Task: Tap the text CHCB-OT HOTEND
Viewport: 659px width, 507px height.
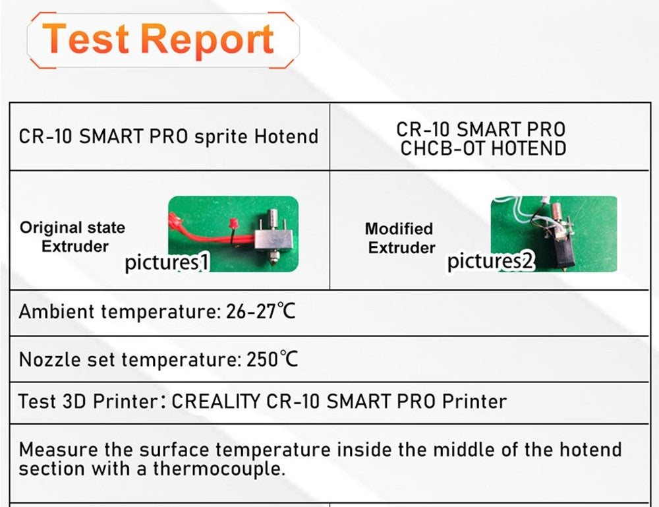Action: pos(483,148)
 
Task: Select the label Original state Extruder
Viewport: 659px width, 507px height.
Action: pos(72,237)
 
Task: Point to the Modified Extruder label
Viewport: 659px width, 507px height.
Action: pos(400,238)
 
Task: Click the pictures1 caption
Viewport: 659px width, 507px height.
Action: pos(167,262)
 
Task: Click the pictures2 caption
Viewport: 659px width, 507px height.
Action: pos(490,262)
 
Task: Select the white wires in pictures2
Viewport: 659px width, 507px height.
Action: pos(527,217)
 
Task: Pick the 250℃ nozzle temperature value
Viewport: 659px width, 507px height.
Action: pos(272,360)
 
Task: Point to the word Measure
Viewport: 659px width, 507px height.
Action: pos(58,450)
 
